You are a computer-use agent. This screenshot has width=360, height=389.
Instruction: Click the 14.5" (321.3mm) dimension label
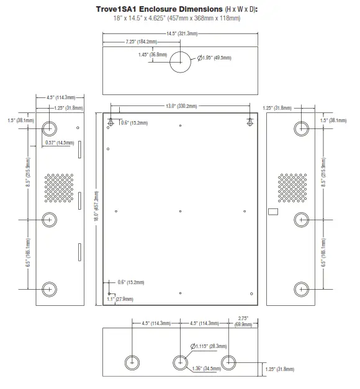179,33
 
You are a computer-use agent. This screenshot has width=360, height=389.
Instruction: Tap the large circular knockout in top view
180,61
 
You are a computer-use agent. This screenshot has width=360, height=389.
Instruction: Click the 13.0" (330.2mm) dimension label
179,106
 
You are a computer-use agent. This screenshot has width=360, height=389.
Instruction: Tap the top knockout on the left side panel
50,128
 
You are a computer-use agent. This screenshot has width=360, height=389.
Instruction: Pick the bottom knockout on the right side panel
301,289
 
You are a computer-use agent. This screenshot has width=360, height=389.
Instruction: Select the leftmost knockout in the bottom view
132,363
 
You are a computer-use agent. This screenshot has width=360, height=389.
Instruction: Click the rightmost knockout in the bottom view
228,363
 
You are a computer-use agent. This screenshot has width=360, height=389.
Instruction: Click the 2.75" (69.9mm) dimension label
243,321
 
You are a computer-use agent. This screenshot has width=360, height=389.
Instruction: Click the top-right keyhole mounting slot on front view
250,120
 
